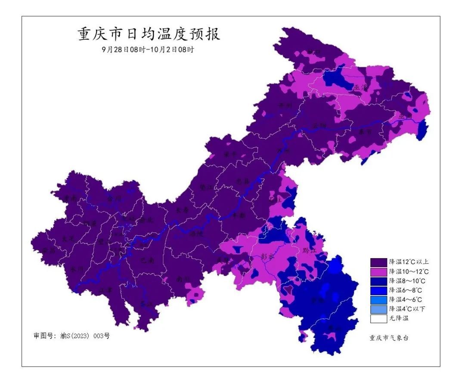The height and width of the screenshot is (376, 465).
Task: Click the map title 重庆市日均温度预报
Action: point(149,34)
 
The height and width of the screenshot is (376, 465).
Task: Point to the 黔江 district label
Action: point(310,250)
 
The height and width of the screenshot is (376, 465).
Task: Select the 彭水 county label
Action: point(267,256)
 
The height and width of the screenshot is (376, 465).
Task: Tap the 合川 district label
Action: point(115,199)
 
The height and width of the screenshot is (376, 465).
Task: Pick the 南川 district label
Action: point(183,279)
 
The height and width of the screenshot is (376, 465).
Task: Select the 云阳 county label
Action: point(319,126)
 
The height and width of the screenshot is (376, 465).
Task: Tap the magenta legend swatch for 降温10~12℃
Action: point(378,271)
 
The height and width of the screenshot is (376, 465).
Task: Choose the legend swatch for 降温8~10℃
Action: point(378,281)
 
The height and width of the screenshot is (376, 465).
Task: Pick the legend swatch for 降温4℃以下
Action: point(378,309)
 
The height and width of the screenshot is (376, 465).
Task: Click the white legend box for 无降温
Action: point(378,318)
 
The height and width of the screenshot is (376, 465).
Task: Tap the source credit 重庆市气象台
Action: point(388,338)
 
